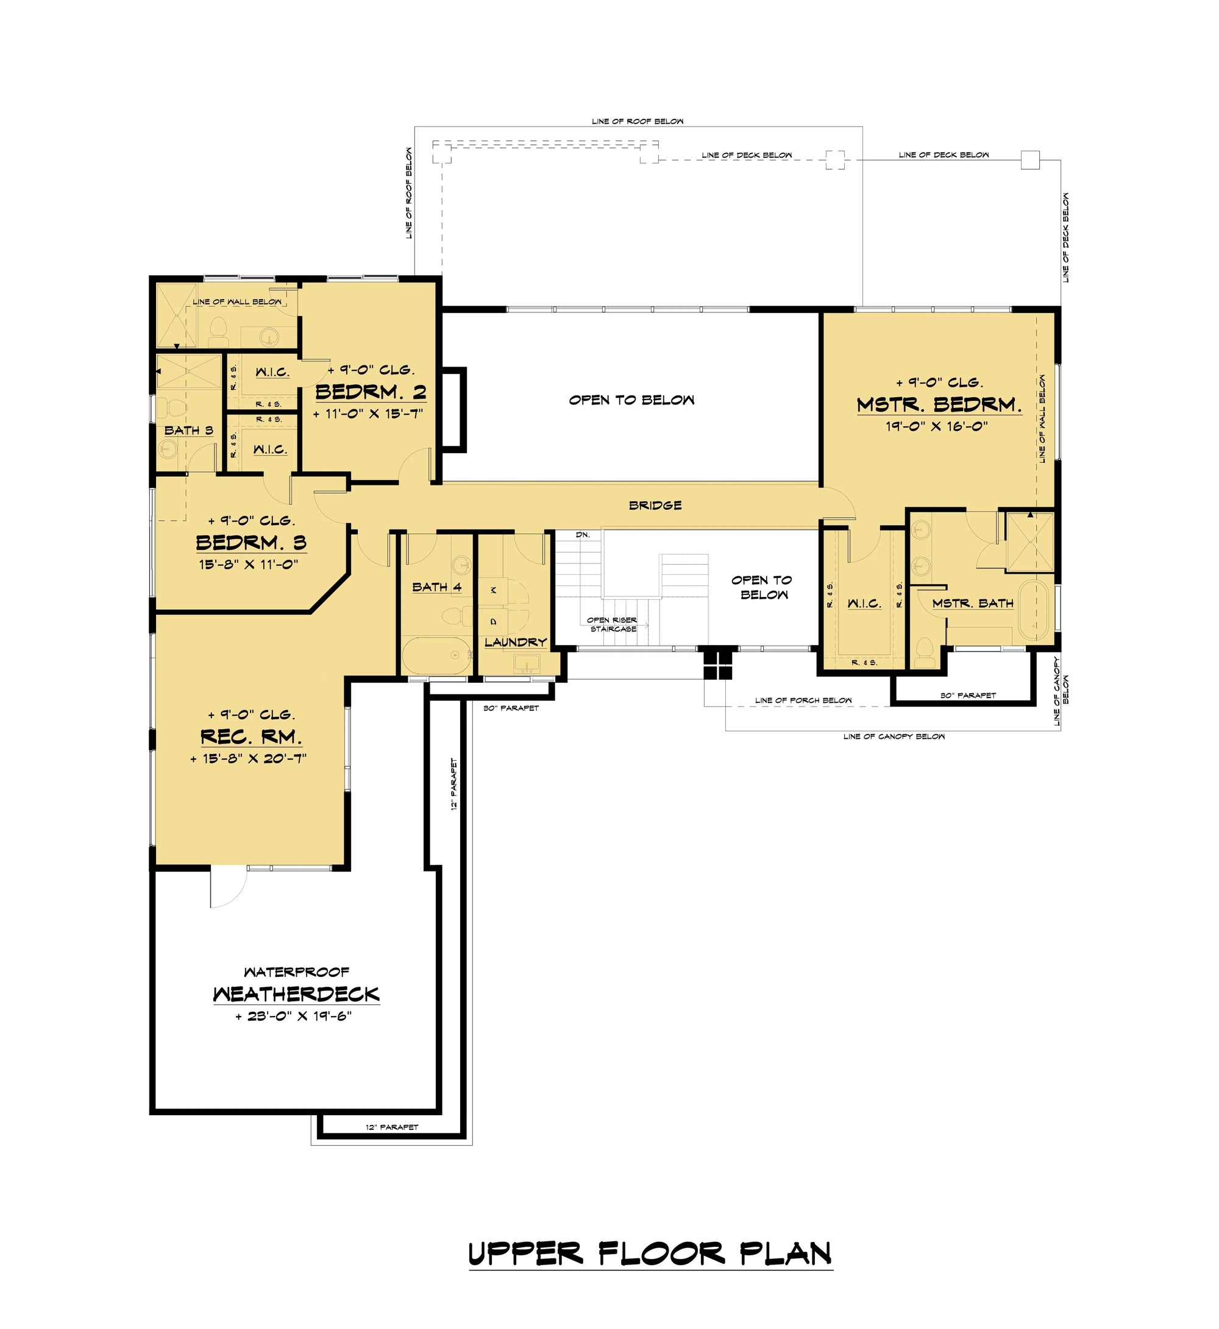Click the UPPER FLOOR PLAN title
[650, 1254]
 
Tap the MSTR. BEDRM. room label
[939, 405]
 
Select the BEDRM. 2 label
[371, 392]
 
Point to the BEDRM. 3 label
[251, 543]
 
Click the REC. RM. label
[251, 736]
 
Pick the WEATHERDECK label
[296, 994]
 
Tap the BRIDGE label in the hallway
[655, 506]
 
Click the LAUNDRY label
[516, 642]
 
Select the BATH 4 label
[436, 587]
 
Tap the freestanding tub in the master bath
[1032, 610]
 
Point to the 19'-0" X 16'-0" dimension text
[937, 426]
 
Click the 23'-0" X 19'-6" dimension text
[294, 1016]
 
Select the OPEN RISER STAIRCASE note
[613, 624]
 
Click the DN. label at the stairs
[583, 535]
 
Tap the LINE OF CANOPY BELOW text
[894, 736]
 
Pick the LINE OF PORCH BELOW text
[803, 700]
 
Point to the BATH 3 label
[189, 431]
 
